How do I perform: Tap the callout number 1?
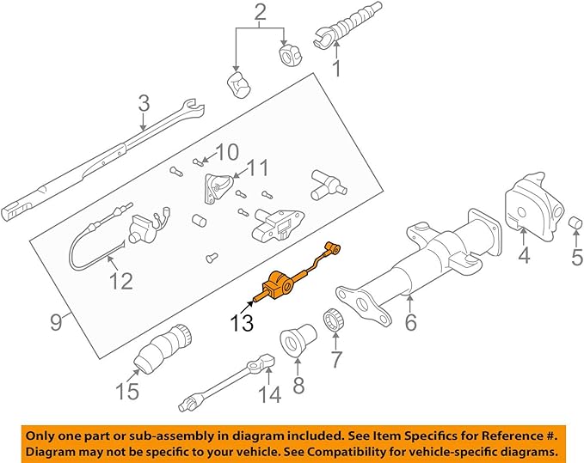337,67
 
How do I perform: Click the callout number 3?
143,104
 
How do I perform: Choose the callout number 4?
524,255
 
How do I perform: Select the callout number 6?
409,323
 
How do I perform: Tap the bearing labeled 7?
333,323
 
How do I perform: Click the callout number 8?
298,385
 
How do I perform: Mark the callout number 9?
56,323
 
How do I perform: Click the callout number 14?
269,394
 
